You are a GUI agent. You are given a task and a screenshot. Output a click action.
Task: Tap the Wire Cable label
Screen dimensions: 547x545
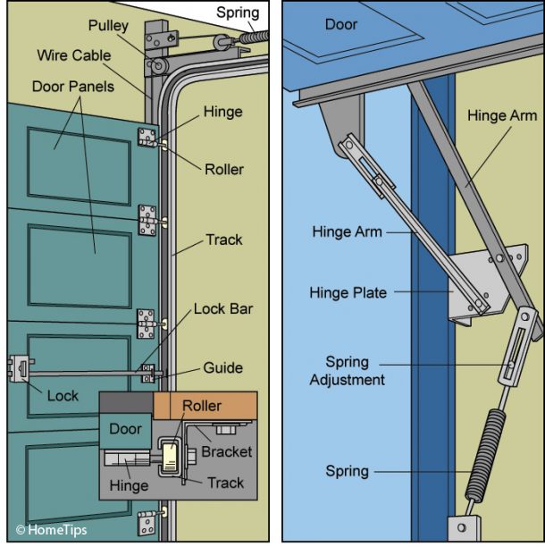pyautogui.click(x=73, y=55)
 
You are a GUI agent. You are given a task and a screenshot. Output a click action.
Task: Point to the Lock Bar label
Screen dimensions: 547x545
pyautogui.click(x=223, y=309)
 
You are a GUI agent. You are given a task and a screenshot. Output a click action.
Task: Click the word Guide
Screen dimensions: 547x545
pyautogui.click(x=222, y=367)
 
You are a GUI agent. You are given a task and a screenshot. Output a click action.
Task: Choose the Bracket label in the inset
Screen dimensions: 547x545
pyautogui.click(x=226, y=451)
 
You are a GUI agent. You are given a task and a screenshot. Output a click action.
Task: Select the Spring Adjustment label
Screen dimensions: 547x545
pyautogui.click(x=347, y=371)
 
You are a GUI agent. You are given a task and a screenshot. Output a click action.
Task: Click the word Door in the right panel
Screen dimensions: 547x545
pyautogui.click(x=341, y=25)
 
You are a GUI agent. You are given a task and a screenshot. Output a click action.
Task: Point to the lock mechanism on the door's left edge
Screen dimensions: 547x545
pyautogui.click(x=19, y=369)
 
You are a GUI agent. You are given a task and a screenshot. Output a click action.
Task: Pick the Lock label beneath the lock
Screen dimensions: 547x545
pyautogui.click(x=63, y=396)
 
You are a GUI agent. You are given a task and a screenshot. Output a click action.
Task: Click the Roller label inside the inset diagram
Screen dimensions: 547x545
pyautogui.click(x=202, y=406)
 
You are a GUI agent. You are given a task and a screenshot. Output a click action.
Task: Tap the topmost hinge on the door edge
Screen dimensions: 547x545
pyautogui.click(x=147, y=138)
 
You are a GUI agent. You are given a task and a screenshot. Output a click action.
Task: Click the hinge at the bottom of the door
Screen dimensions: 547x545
pyautogui.click(x=147, y=521)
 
